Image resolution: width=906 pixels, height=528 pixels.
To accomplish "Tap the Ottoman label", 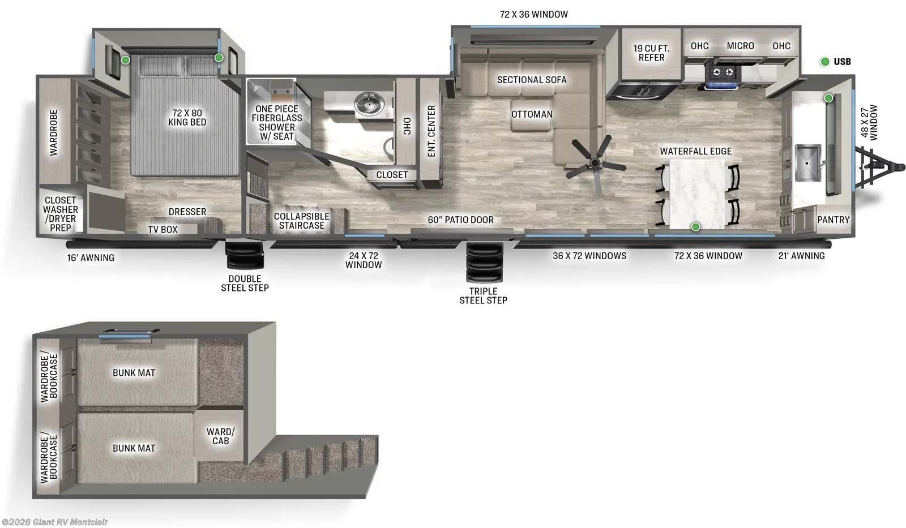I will coord(532,114).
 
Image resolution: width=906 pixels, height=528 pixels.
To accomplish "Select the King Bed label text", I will coord(187,117).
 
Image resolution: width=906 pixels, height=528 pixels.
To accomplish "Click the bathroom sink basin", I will coord(369,104).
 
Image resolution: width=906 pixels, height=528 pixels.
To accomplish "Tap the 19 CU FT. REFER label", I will coord(651,53).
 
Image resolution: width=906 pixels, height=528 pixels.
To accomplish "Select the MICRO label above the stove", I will coord(740,46).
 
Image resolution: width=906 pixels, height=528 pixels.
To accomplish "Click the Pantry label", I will coord(833,220).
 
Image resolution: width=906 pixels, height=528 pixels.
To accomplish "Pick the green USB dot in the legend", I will coord(825,62).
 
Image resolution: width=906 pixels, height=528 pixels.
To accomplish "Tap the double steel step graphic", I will coord(245,255).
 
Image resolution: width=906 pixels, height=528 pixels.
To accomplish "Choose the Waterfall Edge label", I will coord(695,151).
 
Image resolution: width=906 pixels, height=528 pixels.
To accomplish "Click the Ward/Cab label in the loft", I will coord(220,436).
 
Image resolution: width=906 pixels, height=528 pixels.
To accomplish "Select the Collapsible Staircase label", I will coord(301,221).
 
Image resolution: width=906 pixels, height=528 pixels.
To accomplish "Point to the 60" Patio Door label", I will coord(460,220).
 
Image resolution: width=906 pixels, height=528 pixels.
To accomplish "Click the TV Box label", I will coord(163,229).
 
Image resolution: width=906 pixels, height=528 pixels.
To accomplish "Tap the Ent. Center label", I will coord(431,131).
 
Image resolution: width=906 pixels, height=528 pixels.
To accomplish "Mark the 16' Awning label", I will coord(91,257).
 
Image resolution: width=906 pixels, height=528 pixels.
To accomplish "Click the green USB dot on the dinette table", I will coord(696,227).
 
